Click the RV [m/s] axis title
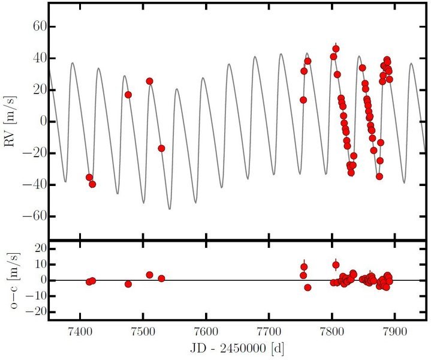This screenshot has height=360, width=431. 13,121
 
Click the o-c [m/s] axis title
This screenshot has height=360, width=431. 13,280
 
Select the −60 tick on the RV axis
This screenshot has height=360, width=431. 36,215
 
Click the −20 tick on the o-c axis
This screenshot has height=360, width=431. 36,312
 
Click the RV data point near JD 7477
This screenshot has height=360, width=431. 128,95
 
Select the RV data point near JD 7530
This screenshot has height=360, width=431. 161,148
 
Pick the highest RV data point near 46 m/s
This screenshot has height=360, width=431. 336,49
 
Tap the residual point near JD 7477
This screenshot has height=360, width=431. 128,284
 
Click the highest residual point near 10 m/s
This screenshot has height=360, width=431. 336,265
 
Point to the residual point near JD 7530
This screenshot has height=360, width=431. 161,278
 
